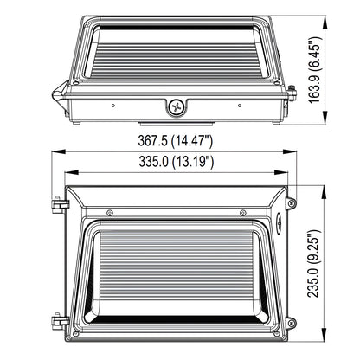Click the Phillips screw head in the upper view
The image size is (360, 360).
click(x=176, y=107)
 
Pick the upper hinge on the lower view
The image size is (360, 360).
click(x=57, y=204)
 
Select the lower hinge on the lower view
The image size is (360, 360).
click(x=57, y=321)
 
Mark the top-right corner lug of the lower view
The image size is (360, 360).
click(x=291, y=203)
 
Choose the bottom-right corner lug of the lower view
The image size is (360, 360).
click(x=291, y=322)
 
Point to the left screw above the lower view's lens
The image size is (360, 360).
click(x=110, y=213)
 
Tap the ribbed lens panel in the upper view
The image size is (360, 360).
click(x=176, y=61)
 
